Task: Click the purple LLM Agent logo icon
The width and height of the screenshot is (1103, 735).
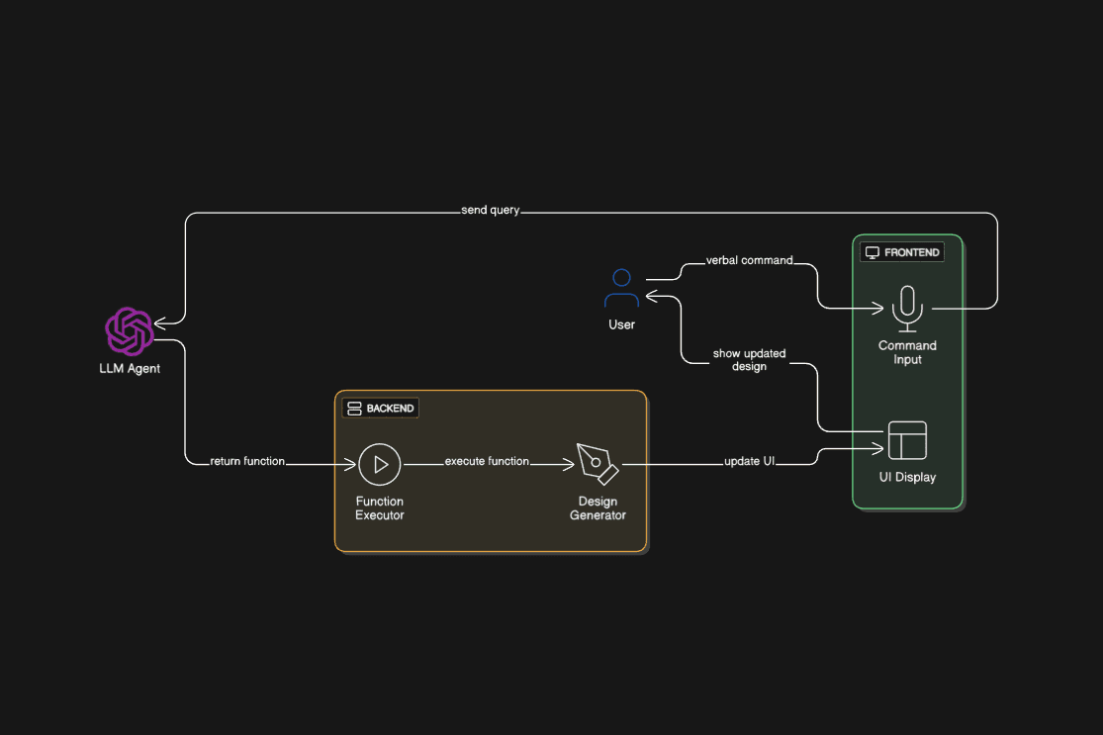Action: coord(130,331)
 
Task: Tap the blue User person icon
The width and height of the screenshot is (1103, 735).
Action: coord(621,289)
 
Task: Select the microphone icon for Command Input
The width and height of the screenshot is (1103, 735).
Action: coord(907,308)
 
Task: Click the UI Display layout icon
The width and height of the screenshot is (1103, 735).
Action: coord(907,440)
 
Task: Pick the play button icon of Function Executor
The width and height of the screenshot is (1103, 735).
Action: coord(379,464)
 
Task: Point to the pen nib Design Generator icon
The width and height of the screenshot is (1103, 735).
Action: coord(597,464)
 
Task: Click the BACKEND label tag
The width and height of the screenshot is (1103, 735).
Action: coord(381,408)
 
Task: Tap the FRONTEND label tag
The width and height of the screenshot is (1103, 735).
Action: coord(903,252)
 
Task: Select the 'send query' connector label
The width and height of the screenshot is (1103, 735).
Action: coord(490,211)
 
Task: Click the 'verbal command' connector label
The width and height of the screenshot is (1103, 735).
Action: coord(749,260)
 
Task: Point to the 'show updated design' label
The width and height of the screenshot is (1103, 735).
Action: coord(749,360)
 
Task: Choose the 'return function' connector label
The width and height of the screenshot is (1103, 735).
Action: coord(247,461)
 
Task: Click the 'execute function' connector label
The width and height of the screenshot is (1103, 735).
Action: coord(487,461)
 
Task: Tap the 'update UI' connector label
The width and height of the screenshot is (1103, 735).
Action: coord(749,461)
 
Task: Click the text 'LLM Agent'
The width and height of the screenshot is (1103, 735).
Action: coord(130,369)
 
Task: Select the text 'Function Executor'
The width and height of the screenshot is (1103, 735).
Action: coord(380,508)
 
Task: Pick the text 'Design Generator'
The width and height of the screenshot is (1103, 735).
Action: coord(597,508)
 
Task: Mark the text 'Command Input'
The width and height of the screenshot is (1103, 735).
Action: coord(907,352)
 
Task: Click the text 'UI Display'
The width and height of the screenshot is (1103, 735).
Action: coord(907,477)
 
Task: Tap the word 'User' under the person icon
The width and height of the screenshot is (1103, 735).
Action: coord(621,324)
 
